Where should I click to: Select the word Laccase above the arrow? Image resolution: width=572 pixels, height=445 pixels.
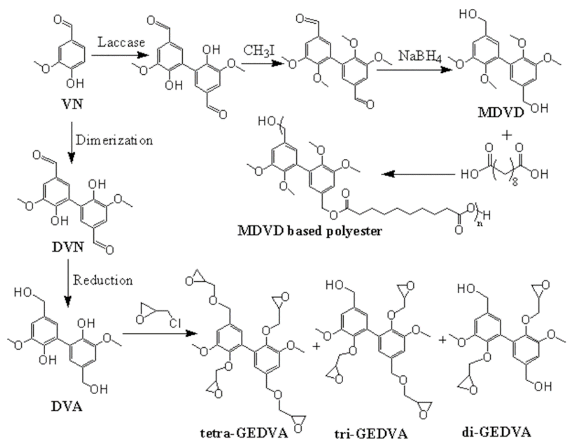tap(121, 43)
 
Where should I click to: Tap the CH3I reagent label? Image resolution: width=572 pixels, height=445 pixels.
tap(259, 51)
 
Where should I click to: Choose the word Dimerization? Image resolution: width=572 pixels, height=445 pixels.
tap(114, 141)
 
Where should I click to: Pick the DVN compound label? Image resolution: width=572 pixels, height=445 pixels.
tap(68, 247)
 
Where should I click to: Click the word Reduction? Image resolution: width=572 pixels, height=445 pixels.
tap(103, 280)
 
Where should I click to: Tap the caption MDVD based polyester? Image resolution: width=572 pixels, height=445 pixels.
tap(310, 231)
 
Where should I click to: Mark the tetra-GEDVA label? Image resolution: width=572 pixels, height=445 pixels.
tap(244, 433)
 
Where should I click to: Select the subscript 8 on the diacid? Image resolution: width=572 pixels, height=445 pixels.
tap(515, 182)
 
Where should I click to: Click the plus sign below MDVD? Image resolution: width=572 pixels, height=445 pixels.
tap(507, 135)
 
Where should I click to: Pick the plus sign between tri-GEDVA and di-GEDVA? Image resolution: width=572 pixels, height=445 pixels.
tap(443, 340)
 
